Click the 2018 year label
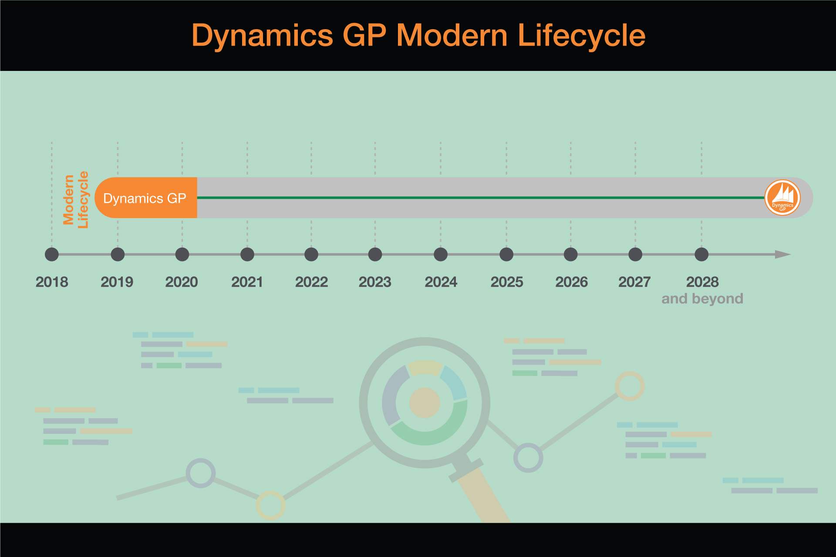click(x=52, y=282)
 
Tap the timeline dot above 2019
click(x=118, y=255)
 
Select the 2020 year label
click(x=182, y=282)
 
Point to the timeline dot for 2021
click(x=247, y=255)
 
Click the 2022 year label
click(x=311, y=282)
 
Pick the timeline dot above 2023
click(x=375, y=255)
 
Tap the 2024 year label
click(x=441, y=282)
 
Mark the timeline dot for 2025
click(x=506, y=255)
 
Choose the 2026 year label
click(x=572, y=282)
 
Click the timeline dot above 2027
click(x=635, y=255)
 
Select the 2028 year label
click(x=702, y=282)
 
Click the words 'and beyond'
click(x=702, y=299)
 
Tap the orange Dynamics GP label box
click(x=146, y=198)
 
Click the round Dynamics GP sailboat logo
click(x=782, y=198)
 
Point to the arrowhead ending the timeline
click(x=783, y=255)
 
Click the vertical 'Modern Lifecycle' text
click(x=76, y=200)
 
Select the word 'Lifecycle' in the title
click(x=582, y=36)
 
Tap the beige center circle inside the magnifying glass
click(x=425, y=403)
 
